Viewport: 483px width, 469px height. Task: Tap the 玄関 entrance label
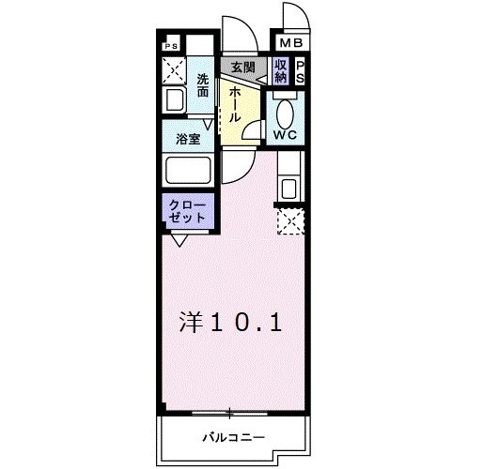(x=242, y=68)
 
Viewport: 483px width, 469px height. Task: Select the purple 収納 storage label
(x=281, y=71)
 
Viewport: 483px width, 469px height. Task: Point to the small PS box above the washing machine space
(x=171, y=45)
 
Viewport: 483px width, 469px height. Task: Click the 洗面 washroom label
(x=202, y=86)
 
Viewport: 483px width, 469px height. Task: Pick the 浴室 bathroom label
(x=188, y=138)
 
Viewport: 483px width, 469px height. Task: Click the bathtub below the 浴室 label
(x=190, y=171)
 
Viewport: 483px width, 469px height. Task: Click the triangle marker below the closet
(x=178, y=239)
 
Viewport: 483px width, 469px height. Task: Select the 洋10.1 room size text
(x=230, y=322)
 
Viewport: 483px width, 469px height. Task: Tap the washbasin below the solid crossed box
(x=174, y=100)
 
